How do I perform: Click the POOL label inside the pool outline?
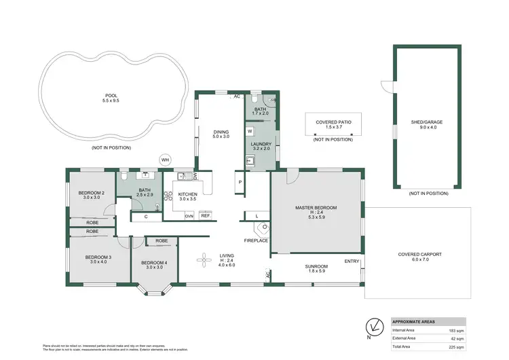click(111, 96)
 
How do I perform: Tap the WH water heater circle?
click(165, 160)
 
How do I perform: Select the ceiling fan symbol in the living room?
click(204, 259)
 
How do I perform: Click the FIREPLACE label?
click(256, 240)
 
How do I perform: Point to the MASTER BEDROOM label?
click(316, 207)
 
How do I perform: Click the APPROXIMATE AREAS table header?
click(415, 321)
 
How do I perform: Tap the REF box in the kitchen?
click(204, 216)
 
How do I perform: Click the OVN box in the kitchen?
click(189, 216)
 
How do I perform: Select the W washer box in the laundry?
click(250, 130)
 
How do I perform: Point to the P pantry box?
click(240, 182)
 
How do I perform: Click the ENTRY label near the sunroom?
click(352, 262)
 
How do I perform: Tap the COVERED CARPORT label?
click(419, 255)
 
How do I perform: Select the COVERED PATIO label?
click(333, 122)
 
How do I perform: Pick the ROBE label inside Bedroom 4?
click(162, 241)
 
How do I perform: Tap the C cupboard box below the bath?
click(147, 217)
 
